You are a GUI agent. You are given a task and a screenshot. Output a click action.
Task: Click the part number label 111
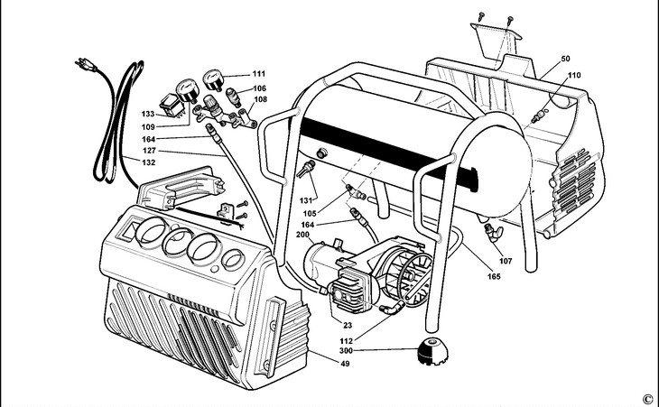tap(260, 73)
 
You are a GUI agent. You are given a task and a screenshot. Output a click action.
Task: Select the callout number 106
tap(260, 88)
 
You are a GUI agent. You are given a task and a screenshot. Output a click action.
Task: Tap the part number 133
tap(148, 116)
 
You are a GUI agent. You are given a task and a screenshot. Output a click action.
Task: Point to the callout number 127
tap(148, 151)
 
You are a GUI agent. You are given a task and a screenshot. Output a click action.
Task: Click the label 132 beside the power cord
tap(148, 162)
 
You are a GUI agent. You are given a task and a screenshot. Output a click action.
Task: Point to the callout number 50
tap(565, 58)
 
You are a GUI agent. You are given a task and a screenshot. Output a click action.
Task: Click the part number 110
tap(575, 76)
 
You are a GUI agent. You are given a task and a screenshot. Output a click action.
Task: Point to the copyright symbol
tap(646, 398)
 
